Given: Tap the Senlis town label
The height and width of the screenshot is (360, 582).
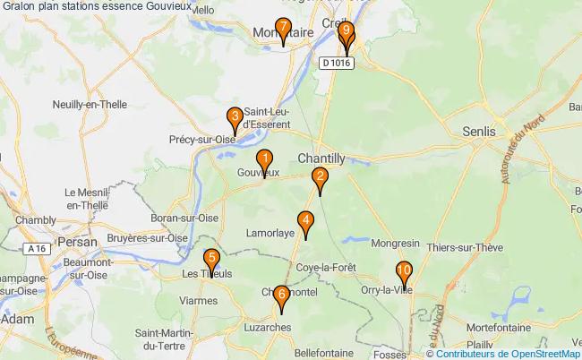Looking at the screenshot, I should point(479,131).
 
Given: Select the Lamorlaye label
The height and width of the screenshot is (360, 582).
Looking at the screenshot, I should point(270,233).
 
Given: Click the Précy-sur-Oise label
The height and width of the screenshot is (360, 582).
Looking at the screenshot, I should point(201,139).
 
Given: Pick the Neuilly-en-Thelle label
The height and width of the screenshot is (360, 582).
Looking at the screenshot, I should point(90,104).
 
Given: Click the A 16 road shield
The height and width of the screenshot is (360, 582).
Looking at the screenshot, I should point(36,248).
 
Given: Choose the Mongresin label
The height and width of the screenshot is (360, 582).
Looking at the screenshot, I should point(396,243).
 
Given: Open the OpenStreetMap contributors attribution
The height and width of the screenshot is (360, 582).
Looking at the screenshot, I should point(508,354).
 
